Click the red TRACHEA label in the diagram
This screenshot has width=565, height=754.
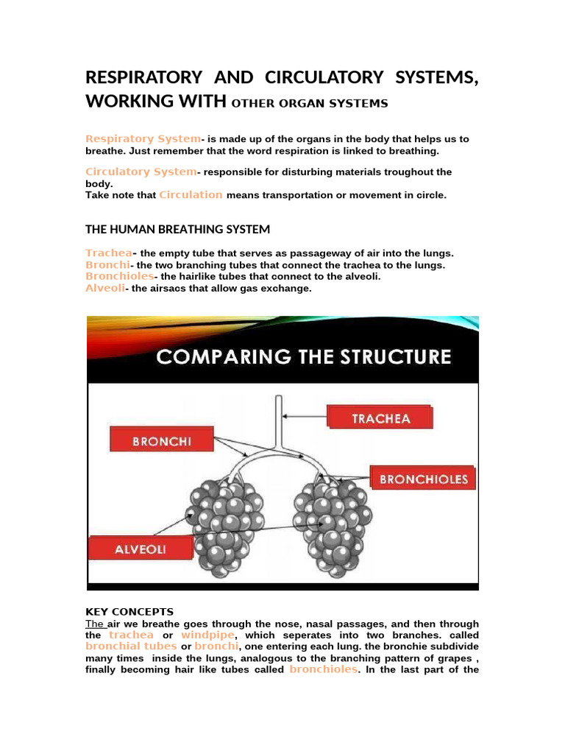tap(380, 418)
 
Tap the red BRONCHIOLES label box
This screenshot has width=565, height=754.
tap(422, 479)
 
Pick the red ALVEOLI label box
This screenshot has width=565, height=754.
tap(141, 548)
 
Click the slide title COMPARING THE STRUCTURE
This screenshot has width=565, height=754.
tap(303, 358)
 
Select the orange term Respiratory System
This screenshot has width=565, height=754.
tap(143, 138)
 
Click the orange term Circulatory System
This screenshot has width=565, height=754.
tap(141, 172)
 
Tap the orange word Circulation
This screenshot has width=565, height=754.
tap(191, 195)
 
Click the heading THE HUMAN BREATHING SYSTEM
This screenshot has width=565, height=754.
tap(177, 230)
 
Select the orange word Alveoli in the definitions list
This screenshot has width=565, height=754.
tap(104, 288)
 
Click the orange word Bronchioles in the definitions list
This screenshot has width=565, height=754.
tap(120, 276)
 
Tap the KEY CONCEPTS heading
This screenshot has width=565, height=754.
tap(129, 612)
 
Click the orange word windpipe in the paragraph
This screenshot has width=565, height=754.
tap(208, 635)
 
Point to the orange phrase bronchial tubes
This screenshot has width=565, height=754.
tap(131, 646)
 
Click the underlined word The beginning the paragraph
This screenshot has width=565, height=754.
tap(95, 624)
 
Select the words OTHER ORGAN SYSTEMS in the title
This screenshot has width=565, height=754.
tap(309, 104)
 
